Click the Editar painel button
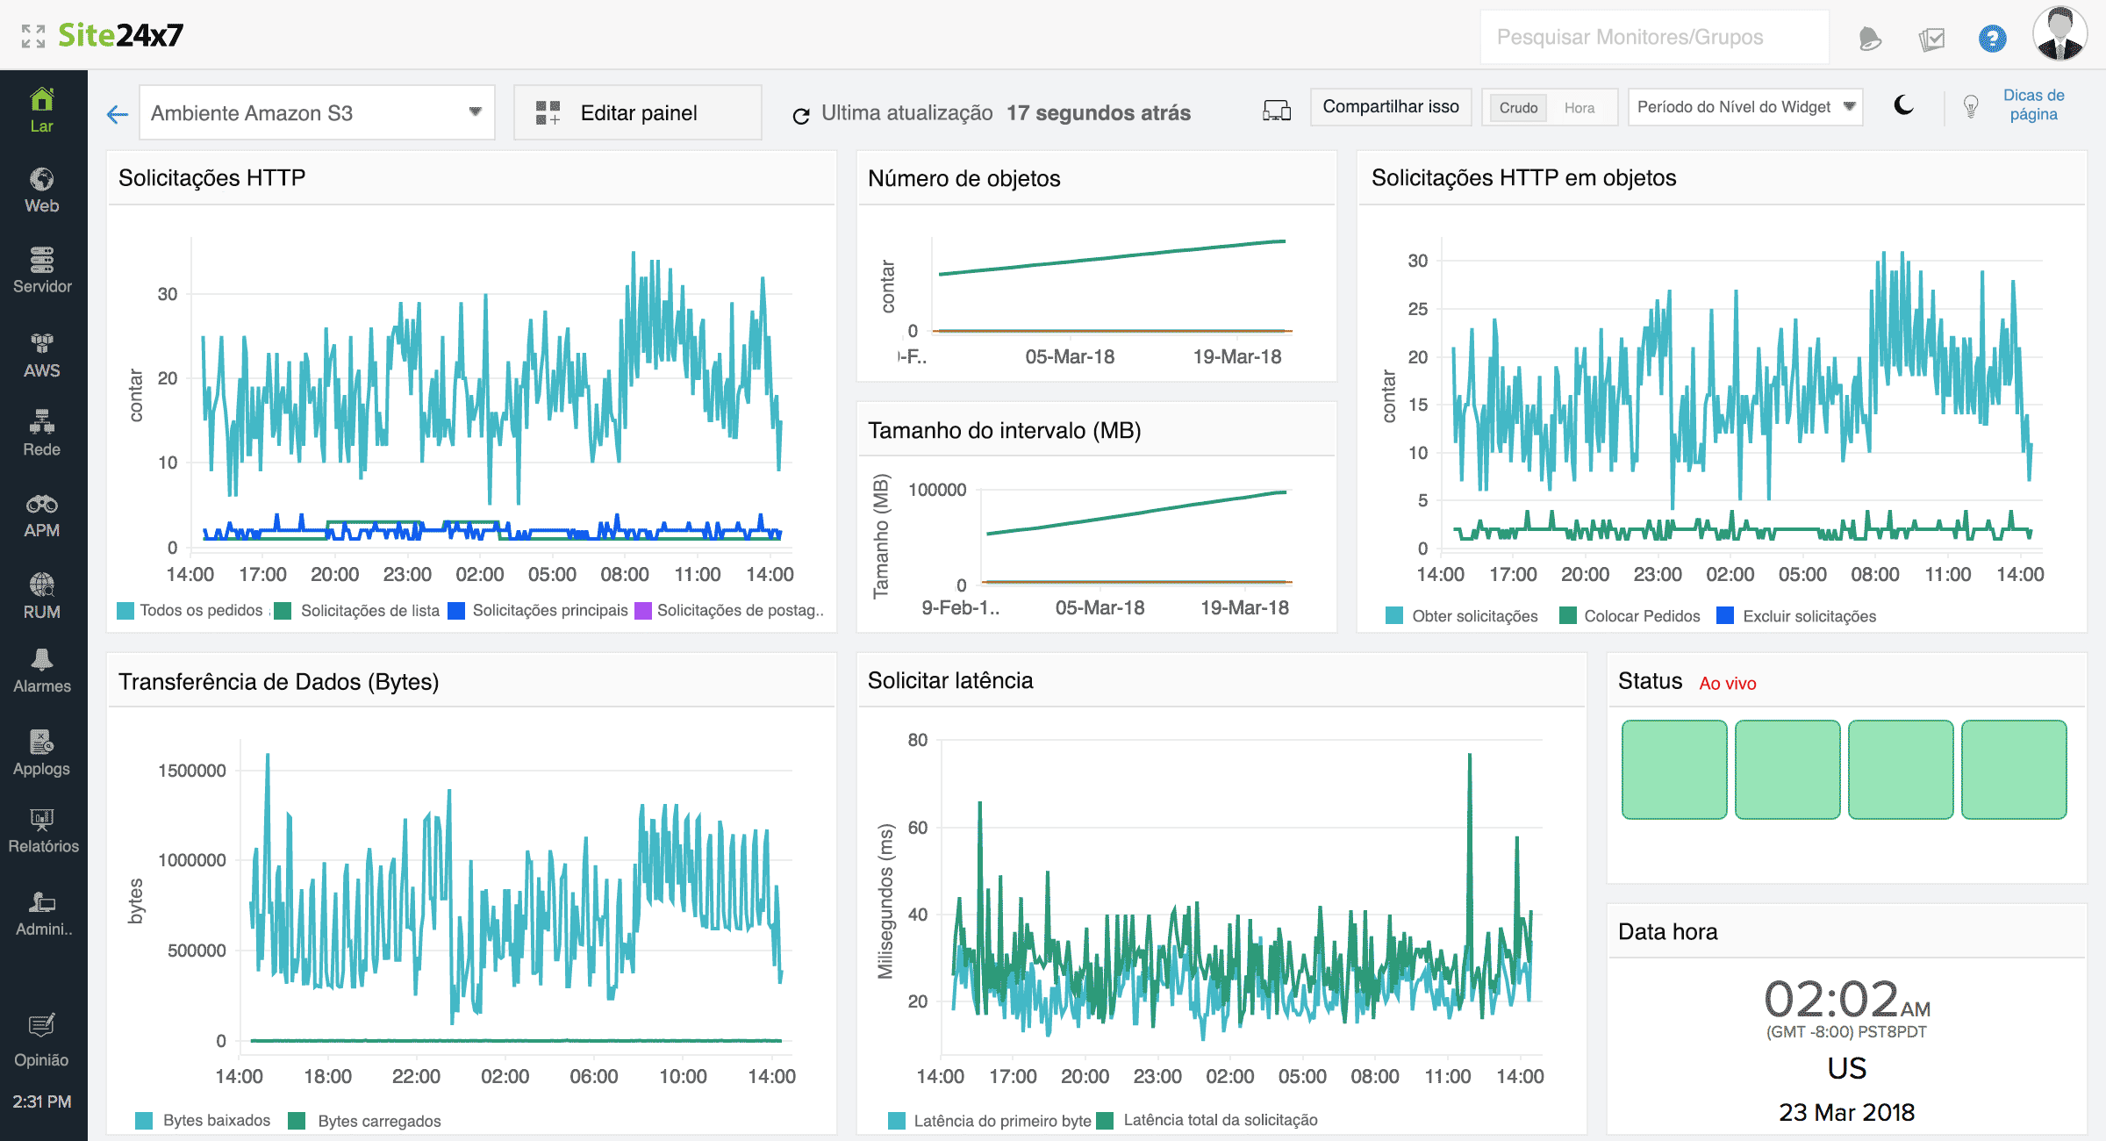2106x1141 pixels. [x=638, y=113]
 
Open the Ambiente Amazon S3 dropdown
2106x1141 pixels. [x=317, y=113]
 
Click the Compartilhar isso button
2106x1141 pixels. [x=1390, y=107]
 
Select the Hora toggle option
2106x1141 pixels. [x=1579, y=108]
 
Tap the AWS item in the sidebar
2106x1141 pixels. [x=42, y=355]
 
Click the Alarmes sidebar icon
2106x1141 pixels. [x=42, y=671]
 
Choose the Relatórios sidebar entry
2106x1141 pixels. [x=42, y=830]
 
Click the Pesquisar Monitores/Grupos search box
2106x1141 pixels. [x=1653, y=38]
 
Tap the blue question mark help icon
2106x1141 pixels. [x=1992, y=39]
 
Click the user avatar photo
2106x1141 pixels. [x=2059, y=35]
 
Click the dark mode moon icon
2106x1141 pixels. [x=1903, y=106]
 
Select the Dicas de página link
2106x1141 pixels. [x=2033, y=104]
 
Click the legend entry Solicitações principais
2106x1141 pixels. [x=549, y=610]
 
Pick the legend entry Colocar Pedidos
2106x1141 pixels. [x=1641, y=616]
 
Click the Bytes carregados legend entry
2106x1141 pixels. [x=378, y=1121]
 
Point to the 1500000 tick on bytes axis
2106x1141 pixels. [x=192, y=771]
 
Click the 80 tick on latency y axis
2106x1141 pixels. [x=918, y=740]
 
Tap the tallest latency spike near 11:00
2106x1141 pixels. [x=1470, y=757]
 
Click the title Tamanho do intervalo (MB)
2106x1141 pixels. [x=1004, y=431]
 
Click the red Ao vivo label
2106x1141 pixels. [x=1727, y=684]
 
